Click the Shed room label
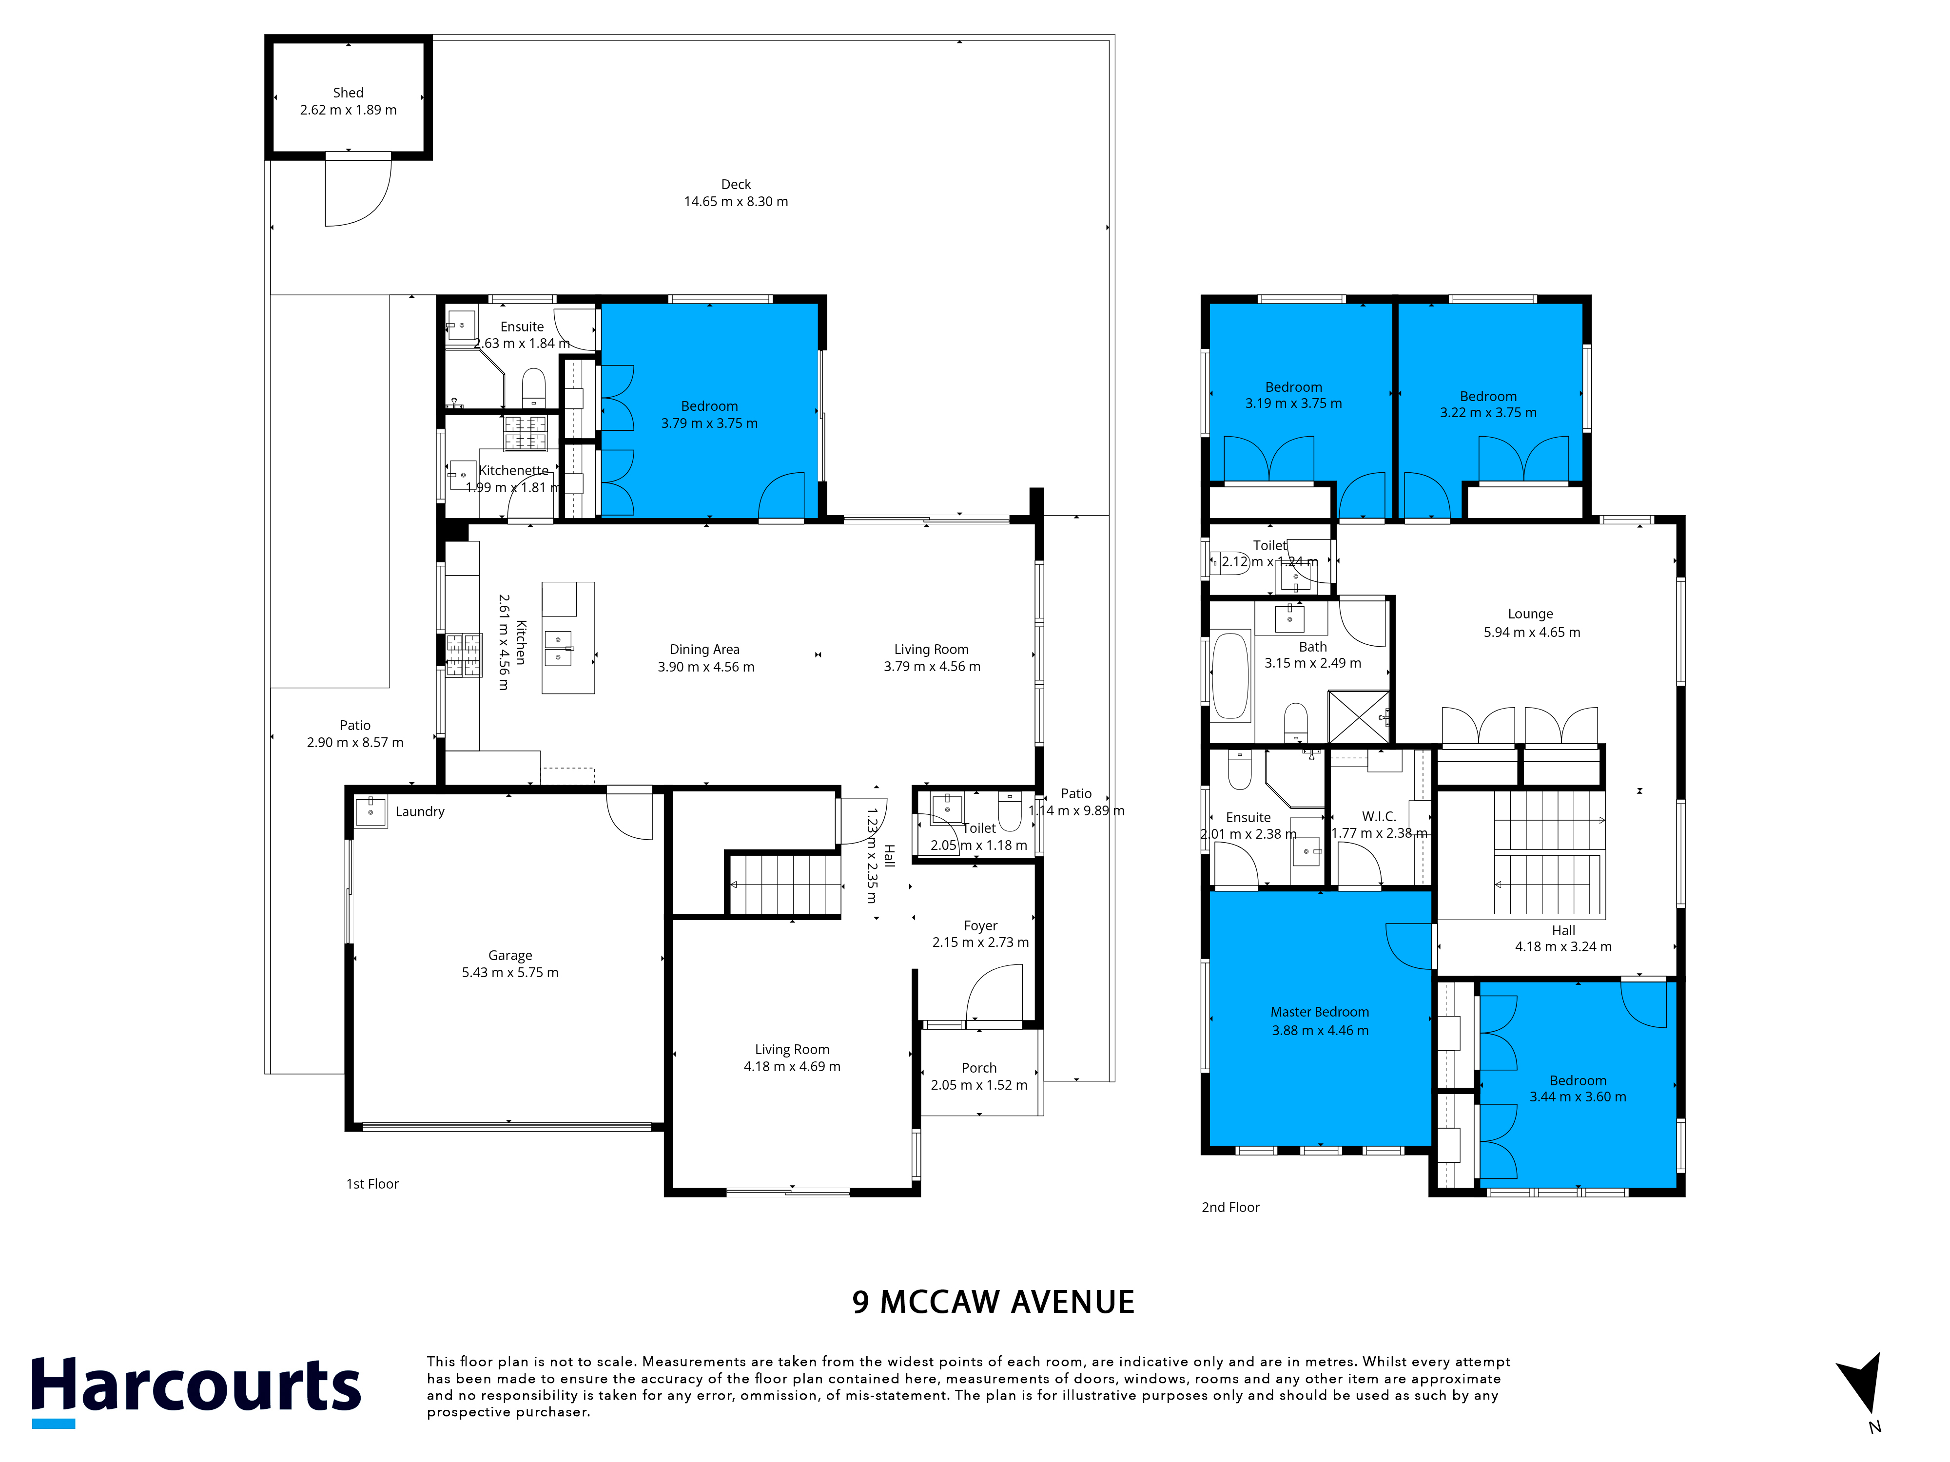[348, 93]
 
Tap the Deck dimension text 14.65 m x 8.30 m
[736, 202]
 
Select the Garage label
[510, 955]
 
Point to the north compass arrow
[1862, 1384]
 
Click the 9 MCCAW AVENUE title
[994, 1302]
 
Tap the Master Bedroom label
[1320, 1012]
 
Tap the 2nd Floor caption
[1230, 1207]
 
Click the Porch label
[979, 1068]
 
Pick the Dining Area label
[704, 650]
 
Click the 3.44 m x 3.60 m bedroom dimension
[1578, 1097]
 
